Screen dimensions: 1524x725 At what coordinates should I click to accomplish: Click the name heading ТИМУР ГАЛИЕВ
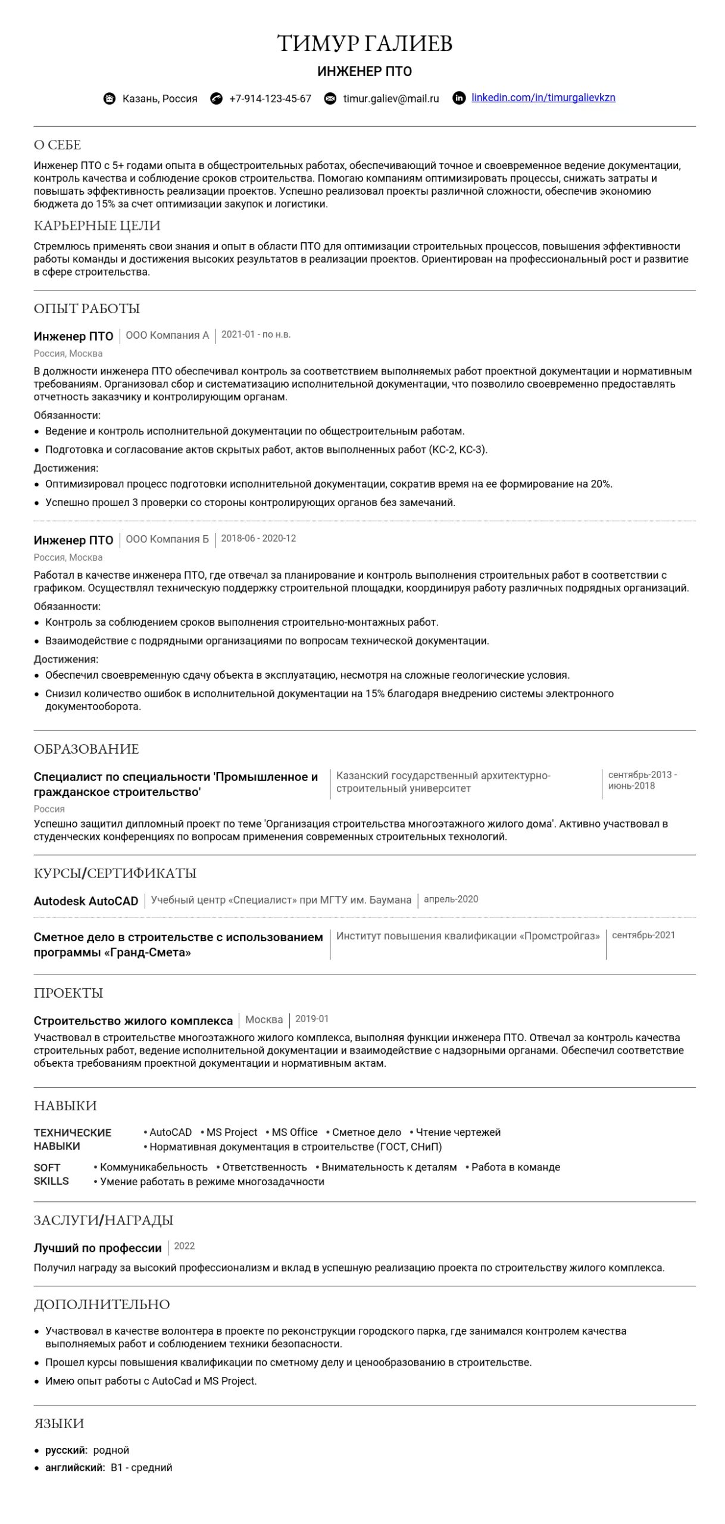(365, 43)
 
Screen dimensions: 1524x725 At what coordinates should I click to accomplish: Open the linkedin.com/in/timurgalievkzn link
(543, 98)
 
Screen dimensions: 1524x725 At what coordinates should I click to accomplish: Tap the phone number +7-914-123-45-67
(270, 99)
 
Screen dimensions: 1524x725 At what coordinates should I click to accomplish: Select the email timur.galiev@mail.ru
(390, 99)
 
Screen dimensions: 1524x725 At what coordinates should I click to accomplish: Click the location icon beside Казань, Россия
(110, 99)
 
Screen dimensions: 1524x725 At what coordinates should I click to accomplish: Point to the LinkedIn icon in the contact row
(458, 98)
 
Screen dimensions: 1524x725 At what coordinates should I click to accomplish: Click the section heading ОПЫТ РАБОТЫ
(87, 308)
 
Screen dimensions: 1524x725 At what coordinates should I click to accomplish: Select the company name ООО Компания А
(167, 336)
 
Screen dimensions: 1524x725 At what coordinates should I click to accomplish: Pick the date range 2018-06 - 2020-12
(258, 539)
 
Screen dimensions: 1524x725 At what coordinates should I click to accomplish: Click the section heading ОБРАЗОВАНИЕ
(86, 749)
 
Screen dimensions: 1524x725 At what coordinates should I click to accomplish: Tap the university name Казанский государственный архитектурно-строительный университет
(443, 782)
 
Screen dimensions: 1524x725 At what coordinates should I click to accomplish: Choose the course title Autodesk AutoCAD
(86, 901)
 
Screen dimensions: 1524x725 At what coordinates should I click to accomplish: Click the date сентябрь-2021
(643, 935)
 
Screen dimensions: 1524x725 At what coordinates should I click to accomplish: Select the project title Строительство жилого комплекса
(133, 1021)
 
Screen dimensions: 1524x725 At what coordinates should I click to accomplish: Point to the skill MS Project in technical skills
(232, 1132)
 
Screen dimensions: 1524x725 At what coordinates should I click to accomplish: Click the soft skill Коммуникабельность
(154, 1167)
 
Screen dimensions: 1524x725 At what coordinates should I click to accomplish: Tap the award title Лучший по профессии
(98, 1248)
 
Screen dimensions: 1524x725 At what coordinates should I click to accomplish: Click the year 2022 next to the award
(185, 1247)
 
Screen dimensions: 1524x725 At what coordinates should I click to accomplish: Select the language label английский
(74, 1468)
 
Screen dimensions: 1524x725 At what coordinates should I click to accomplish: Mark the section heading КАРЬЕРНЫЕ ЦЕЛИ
(97, 226)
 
